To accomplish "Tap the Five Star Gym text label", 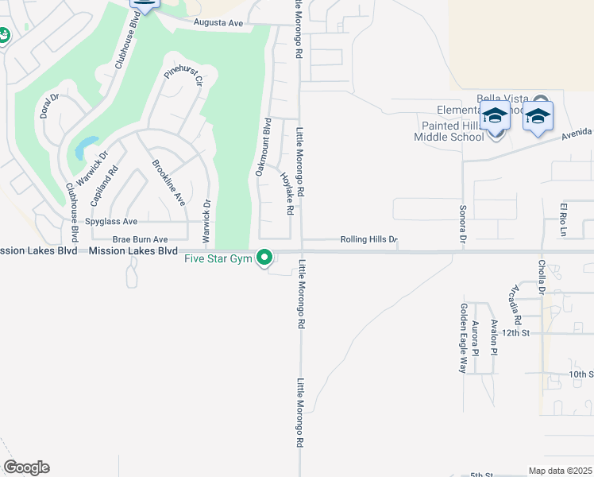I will tap(218, 258).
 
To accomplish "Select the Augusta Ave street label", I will tap(219, 23).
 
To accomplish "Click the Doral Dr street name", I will tap(49, 106).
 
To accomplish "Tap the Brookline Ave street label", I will tap(168, 183).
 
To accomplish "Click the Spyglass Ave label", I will tap(112, 222).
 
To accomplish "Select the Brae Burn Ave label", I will tap(140, 238).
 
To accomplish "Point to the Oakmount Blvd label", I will tap(263, 147).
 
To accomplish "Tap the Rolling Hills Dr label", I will tap(368, 239).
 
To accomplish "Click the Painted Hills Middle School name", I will tap(449, 131).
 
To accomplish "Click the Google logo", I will tap(26, 467).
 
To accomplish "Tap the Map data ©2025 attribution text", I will tap(560, 471).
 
